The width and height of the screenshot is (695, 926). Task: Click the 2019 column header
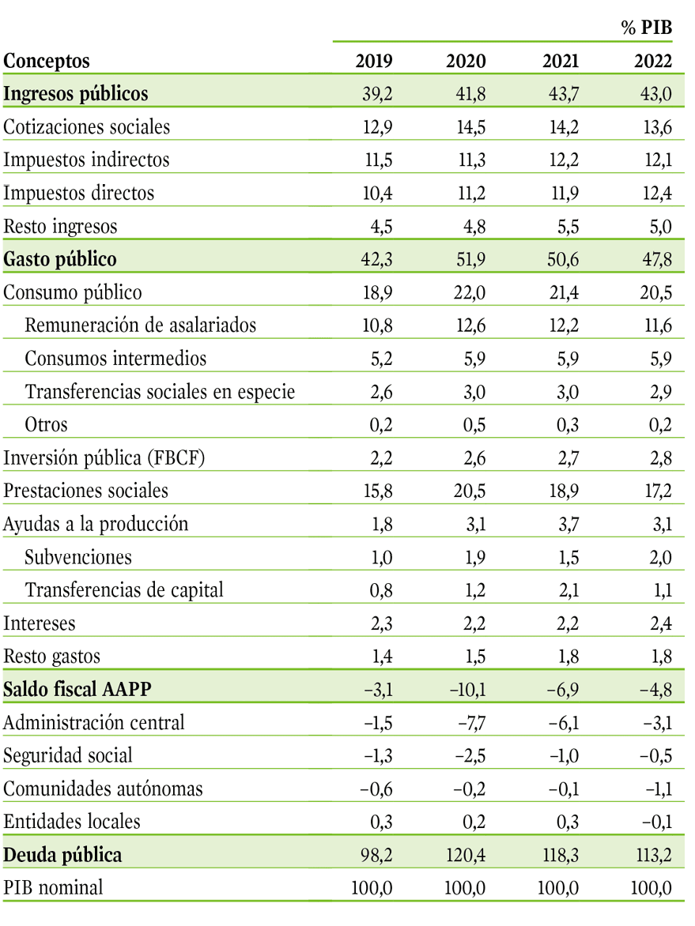coord(373,61)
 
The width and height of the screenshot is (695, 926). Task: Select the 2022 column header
coord(653,61)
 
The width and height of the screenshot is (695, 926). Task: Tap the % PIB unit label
coord(647,27)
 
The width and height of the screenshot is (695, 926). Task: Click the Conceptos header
coord(47,61)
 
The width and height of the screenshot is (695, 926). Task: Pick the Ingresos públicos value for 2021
coord(563,94)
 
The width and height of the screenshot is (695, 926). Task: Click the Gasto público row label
coord(59,259)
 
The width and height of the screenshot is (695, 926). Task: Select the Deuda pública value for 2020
coord(466,855)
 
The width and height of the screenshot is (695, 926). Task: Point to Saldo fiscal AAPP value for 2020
coord(467,690)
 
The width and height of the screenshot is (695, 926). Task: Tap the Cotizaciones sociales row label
coord(86,127)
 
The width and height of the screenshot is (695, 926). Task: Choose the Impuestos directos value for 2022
coord(657,193)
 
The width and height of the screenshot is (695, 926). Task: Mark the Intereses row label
coord(39,623)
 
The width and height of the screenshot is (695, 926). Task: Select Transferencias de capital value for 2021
coord(568,590)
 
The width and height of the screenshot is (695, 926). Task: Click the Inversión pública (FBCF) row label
coord(104,458)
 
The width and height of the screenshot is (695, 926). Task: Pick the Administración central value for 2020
coord(471,723)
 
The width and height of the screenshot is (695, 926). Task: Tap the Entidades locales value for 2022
coord(656,822)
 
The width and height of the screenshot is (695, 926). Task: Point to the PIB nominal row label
coord(53,887)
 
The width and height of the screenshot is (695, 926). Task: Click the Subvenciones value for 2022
coord(661,558)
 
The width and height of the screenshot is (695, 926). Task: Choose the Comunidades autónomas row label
coord(103,789)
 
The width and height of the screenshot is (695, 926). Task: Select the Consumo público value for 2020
coord(470,292)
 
